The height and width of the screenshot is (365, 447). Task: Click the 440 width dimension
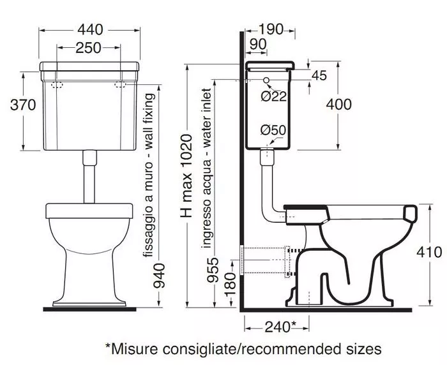pos(90,29)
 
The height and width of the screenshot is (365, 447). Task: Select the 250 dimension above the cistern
pos(88,48)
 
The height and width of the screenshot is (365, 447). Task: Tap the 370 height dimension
pos(23,105)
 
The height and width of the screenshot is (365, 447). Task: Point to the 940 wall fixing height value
pos(159,276)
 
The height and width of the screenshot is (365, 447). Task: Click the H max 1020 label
pos(186,176)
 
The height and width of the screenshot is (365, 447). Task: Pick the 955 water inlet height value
pos(213,270)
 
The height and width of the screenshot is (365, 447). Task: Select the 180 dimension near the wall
pos(231,284)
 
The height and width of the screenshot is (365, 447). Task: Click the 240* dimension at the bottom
pos(281,327)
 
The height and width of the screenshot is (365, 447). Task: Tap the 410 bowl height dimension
pos(429,253)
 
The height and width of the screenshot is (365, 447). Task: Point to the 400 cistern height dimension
pos(338,104)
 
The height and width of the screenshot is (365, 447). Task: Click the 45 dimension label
pos(319,75)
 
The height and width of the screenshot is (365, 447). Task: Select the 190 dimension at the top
pos(271,29)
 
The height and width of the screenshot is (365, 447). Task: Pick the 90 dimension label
pos(258,44)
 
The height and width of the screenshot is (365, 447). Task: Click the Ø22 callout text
pos(273,96)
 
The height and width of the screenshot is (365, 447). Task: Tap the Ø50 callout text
pos(273,130)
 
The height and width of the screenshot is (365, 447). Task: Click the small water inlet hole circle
pos(266,80)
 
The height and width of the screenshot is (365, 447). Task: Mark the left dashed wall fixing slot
pos(57,85)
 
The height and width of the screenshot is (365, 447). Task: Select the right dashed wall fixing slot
pos(120,85)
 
